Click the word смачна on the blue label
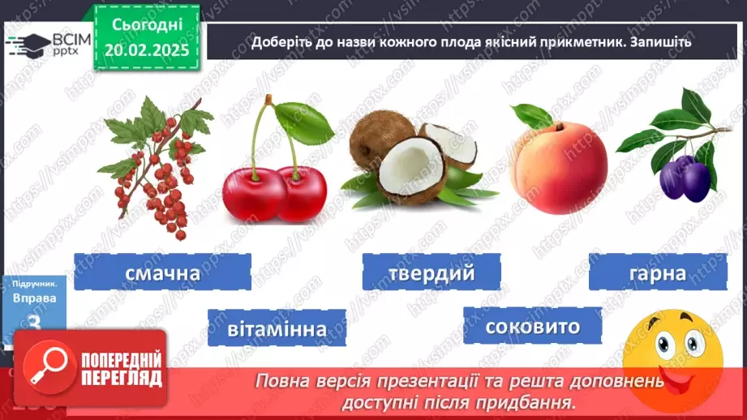pos(162,272)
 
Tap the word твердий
pos(430,272)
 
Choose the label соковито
pos(533,326)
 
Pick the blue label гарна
pos(657,272)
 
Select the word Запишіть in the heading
pos(661,41)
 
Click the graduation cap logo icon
pos(25,44)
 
